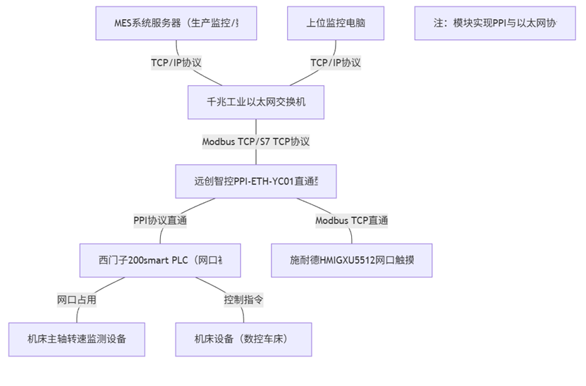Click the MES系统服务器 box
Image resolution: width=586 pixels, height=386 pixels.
click(x=176, y=23)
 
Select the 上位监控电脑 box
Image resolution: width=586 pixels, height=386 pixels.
click(x=336, y=23)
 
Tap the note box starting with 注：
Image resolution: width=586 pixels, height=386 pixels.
click(x=495, y=23)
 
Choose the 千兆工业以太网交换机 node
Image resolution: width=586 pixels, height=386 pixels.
click(x=256, y=103)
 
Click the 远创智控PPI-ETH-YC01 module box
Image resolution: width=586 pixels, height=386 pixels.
click(x=256, y=181)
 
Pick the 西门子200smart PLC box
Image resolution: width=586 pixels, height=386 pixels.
click(x=160, y=261)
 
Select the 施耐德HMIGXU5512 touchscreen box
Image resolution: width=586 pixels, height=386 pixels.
click(x=352, y=261)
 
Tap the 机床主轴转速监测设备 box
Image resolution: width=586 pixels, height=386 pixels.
click(x=77, y=339)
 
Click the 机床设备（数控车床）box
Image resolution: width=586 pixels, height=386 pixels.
click(x=243, y=339)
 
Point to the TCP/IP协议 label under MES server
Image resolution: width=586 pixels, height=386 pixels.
click(x=176, y=63)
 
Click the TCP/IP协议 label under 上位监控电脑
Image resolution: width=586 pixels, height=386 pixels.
click(x=336, y=63)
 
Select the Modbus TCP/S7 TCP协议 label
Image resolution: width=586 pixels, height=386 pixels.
click(x=256, y=142)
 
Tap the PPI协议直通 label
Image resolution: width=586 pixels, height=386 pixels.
click(x=160, y=220)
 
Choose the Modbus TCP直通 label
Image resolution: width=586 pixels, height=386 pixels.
click(x=352, y=220)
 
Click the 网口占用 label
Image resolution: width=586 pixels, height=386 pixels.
click(x=77, y=299)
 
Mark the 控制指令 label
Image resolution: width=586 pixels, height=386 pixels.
click(x=243, y=299)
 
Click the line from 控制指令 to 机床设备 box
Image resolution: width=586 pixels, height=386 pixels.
click(x=243, y=315)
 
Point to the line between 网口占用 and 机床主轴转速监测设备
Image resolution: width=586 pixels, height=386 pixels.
click(x=77, y=315)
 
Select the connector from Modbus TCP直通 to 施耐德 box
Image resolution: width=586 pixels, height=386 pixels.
click(x=352, y=236)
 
